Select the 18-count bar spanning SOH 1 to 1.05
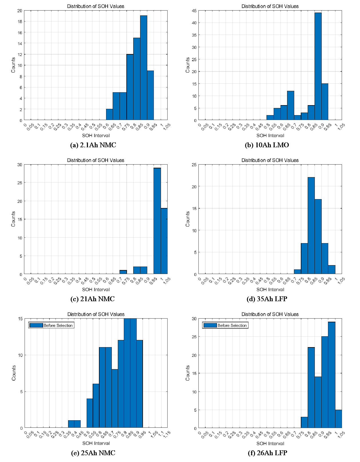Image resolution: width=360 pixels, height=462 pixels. (164, 241)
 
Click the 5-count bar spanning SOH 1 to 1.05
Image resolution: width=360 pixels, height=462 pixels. (339, 419)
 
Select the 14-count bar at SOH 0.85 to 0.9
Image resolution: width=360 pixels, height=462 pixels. (318, 403)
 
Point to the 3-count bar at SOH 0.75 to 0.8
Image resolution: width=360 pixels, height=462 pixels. (304, 423)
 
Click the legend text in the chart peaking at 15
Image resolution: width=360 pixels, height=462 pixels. (58, 325)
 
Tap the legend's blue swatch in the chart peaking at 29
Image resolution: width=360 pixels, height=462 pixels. (210, 325)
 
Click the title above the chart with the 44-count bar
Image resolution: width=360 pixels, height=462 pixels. (270, 6)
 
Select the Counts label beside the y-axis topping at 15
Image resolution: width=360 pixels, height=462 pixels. (14, 373)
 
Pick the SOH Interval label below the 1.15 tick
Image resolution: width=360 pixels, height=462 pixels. (96, 443)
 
